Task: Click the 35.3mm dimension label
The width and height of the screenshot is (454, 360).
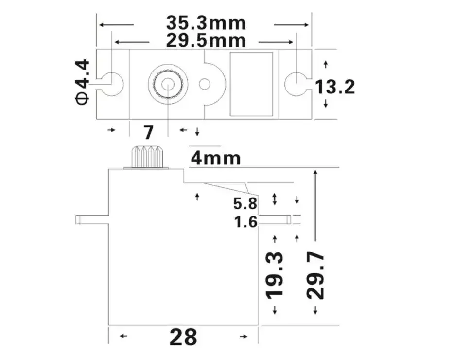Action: pyautogui.click(x=206, y=23)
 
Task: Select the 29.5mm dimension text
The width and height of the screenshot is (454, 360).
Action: pyautogui.click(x=206, y=40)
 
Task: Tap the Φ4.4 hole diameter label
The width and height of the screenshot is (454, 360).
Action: pyautogui.click(x=83, y=81)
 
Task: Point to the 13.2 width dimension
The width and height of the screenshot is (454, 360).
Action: pyautogui.click(x=335, y=87)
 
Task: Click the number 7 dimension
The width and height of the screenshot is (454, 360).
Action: pyautogui.click(x=148, y=132)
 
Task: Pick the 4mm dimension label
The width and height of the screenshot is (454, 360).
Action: pyautogui.click(x=215, y=158)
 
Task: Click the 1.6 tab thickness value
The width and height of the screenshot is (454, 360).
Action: pyautogui.click(x=245, y=222)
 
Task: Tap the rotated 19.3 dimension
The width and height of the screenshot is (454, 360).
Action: pyautogui.click(x=275, y=274)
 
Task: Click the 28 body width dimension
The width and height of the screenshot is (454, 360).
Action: pyautogui.click(x=183, y=337)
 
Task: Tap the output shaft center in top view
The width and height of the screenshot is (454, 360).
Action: pyautogui.click(x=168, y=84)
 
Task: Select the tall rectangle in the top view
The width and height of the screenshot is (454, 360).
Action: pyautogui.click(x=251, y=84)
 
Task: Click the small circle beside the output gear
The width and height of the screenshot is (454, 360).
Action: pyautogui.click(x=205, y=84)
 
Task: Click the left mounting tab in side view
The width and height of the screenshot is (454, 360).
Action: pyautogui.click(x=91, y=219)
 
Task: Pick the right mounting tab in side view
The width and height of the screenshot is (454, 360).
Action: pyautogui.click(x=275, y=219)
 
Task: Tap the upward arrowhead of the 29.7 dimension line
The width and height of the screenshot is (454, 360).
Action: pyautogui.click(x=316, y=173)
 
